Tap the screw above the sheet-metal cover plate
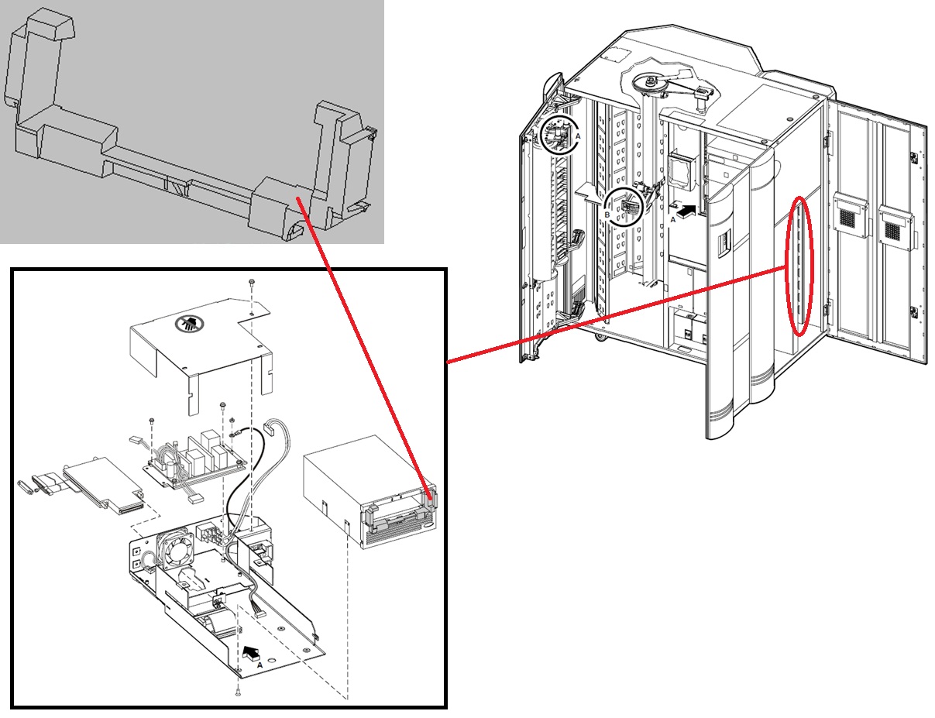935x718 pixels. pyautogui.click(x=253, y=283)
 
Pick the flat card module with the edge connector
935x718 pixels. pyautogui.click(x=102, y=485)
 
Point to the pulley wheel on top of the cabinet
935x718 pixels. pyautogui.click(x=650, y=84)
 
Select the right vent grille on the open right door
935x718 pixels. pyautogui.click(x=896, y=225)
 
